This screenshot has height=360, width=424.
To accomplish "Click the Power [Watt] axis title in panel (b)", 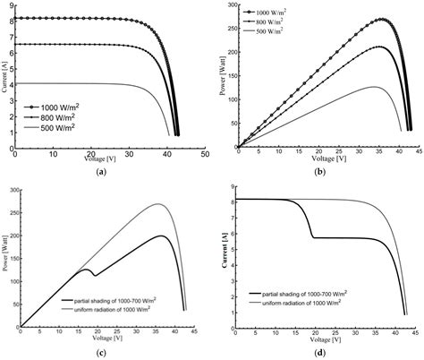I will [222, 73].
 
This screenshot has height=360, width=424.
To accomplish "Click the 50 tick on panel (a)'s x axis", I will [205, 154].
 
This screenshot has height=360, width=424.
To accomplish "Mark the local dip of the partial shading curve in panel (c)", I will [94, 275].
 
